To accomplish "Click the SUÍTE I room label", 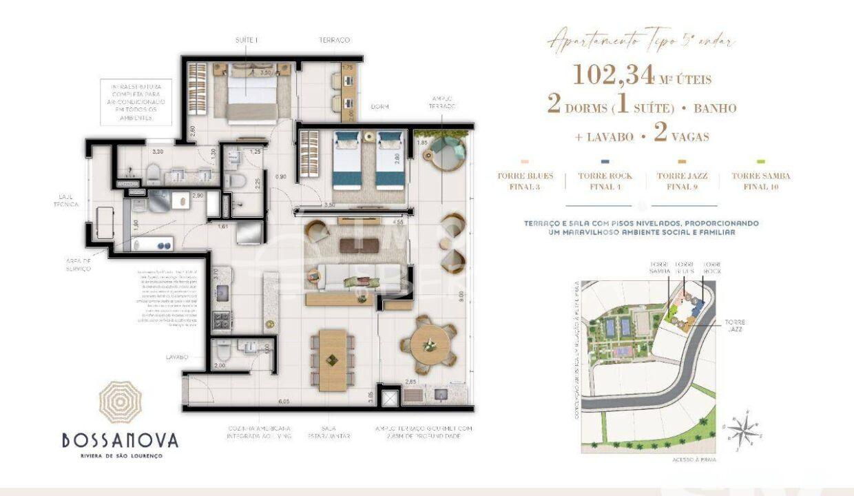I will (246, 41).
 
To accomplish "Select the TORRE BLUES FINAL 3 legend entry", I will (525, 180).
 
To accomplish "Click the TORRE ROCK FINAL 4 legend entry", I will (605, 180).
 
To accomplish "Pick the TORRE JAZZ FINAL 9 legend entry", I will (683, 180).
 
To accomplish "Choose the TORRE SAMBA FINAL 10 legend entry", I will (761, 180).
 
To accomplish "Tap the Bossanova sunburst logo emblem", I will (120, 402).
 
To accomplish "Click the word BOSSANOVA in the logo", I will (120, 440).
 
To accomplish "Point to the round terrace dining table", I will (428, 341).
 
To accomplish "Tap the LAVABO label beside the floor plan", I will (177, 358).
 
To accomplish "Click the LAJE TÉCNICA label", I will (70, 200).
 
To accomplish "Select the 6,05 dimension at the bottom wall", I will (283, 400).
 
